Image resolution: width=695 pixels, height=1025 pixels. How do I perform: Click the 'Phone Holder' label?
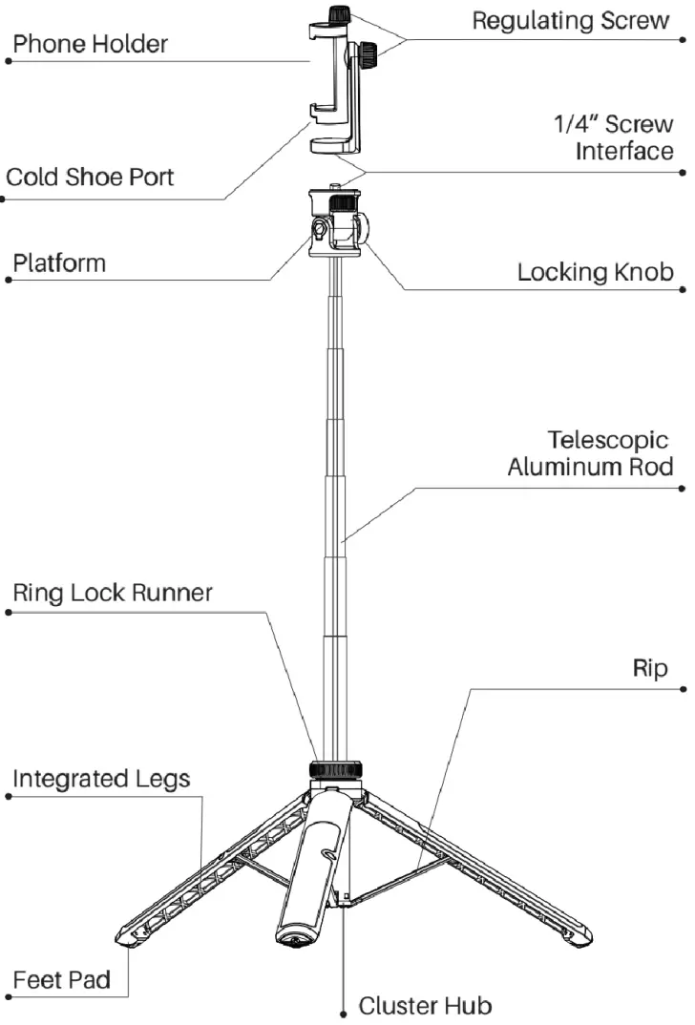tap(90, 43)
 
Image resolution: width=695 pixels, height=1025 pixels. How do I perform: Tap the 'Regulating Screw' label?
tap(571, 21)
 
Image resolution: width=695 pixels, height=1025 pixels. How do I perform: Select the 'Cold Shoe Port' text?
tap(90, 178)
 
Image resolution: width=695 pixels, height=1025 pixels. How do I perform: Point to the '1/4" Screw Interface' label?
tap(614, 137)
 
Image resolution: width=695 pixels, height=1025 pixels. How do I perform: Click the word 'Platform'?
tap(59, 262)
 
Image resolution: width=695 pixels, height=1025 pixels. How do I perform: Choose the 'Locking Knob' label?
tap(595, 272)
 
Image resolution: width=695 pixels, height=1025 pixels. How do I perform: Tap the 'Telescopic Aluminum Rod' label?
tap(590, 453)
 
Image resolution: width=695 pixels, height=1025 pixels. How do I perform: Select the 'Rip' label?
tap(652, 668)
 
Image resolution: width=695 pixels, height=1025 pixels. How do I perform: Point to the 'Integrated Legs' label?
tap(101, 779)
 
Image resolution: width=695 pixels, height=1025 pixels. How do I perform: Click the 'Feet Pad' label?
tap(61, 979)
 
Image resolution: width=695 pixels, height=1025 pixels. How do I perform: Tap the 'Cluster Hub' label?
tap(426, 1005)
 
